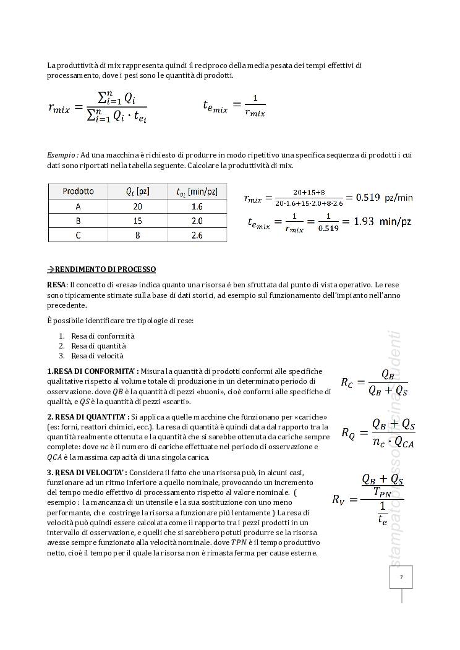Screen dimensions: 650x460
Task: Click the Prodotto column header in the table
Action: coord(78,192)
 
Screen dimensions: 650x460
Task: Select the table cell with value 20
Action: coord(137,206)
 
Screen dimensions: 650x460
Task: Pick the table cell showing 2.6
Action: coord(197,235)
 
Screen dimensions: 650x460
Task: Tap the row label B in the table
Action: coord(78,221)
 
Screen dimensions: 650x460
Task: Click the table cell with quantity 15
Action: coord(137,221)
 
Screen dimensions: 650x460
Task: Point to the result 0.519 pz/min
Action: coord(379,198)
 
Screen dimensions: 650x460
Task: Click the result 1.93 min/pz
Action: coord(382,221)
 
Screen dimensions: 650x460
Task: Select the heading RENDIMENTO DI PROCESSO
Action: coord(105,269)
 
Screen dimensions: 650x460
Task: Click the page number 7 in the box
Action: coord(401,577)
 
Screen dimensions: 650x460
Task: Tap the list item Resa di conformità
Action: coord(103,336)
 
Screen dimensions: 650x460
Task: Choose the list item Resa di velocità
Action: coord(97,355)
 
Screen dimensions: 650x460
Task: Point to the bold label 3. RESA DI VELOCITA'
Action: coord(87,473)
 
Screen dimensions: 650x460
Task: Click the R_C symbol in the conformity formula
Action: coord(347,382)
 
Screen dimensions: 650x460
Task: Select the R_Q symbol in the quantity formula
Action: coord(348,433)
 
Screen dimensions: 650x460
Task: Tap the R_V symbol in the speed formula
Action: coord(338,499)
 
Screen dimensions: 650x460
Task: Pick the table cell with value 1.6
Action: coord(197,206)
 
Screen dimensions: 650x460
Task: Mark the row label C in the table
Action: coord(78,235)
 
